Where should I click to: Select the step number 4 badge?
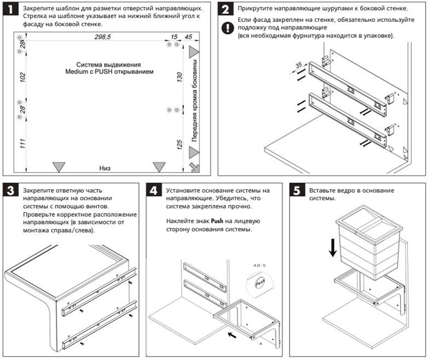point(155,191)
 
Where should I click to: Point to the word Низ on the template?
point(105,167)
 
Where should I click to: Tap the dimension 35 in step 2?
point(299,65)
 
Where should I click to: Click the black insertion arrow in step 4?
point(232,334)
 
